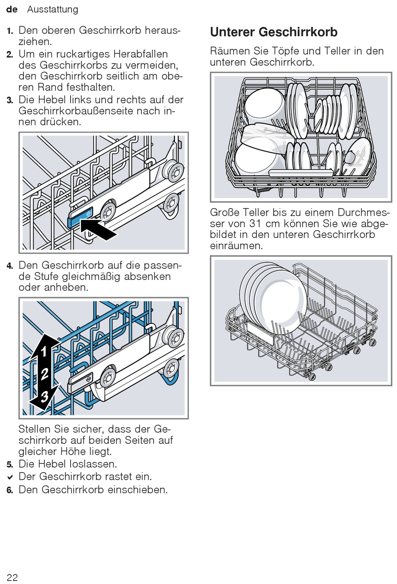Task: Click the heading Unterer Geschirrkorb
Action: coord(274,32)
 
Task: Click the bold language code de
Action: coord(12,9)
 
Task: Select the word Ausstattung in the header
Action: coord(53,9)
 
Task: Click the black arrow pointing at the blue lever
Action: coord(98,229)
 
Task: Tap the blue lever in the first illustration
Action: coord(80,216)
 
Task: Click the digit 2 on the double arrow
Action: coord(44,374)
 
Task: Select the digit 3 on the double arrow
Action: coord(44,397)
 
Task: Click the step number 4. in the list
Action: coord(10,266)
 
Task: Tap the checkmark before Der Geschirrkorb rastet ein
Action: coord(10,477)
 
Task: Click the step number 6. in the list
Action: coord(10,491)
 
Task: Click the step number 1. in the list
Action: coord(10,31)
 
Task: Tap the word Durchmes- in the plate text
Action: coord(364,212)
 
